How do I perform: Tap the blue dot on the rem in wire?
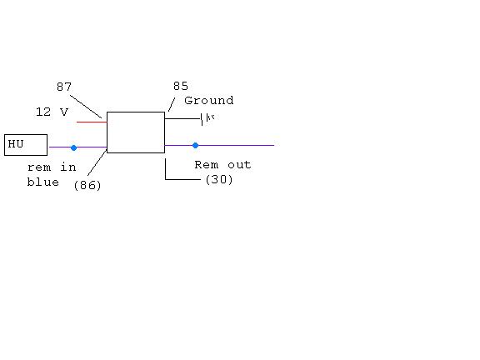pyautogui.click(x=74, y=147)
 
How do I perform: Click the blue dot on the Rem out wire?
pyautogui.click(x=195, y=145)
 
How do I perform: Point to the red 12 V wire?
pyautogui.click(x=92, y=122)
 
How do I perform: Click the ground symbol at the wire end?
pyautogui.click(x=207, y=118)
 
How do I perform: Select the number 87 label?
pyautogui.click(x=64, y=87)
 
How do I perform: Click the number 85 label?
pyautogui.click(x=181, y=86)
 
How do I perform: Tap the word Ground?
pyautogui.click(x=209, y=100)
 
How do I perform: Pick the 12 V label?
pyautogui.click(x=52, y=112)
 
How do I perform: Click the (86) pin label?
pyautogui.click(x=87, y=185)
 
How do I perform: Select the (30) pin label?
pyautogui.click(x=219, y=179)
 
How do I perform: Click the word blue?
pyautogui.click(x=42, y=182)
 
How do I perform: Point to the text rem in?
pyautogui.click(x=52, y=167)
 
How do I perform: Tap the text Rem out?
pyautogui.click(x=222, y=165)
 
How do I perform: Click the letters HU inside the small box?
pyautogui.click(x=16, y=143)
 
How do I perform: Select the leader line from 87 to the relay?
pyautogui.click(x=86, y=107)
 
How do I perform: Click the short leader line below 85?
pyautogui.click(x=172, y=104)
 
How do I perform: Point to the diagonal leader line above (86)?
pyautogui.click(x=97, y=162)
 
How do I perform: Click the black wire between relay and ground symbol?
pyautogui.click(x=182, y=118)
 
